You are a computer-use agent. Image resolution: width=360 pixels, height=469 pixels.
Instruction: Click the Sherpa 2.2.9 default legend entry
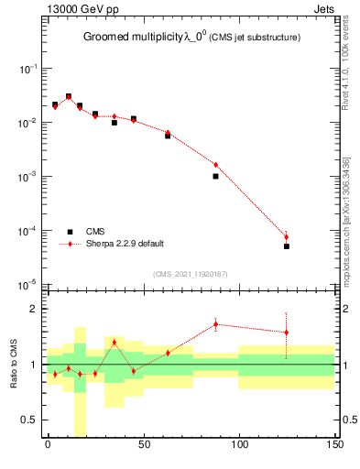[124, 244]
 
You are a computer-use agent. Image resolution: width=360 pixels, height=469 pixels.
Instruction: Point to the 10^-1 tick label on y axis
[27, 70]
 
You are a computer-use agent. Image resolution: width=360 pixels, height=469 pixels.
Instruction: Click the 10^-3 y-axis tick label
[27, 177]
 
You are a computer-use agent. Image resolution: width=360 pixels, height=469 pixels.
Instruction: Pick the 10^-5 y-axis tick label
[27, 284]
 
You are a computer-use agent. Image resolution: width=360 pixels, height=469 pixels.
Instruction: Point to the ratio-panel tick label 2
[33, 309]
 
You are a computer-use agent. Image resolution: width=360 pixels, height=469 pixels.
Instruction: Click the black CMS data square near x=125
[287, 246]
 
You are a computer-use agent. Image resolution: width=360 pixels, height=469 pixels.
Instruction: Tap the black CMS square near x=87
[215, 176]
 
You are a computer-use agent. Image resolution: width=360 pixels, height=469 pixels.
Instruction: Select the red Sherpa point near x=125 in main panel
[287, 237]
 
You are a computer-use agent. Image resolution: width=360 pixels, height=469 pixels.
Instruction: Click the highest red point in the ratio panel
[215, 323]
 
